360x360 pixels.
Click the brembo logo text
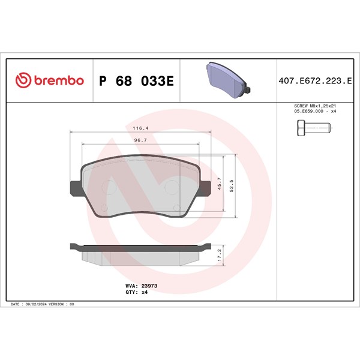pyautogui.click(x=59, y=80)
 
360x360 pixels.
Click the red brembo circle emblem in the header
pyautogui.click(x=23, y=80)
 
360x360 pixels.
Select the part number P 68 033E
pyautogui.click(x=136, y=81)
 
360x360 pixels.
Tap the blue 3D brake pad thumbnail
pyautogui.click(x=228, y=80)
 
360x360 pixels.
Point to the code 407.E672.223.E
pyautogui.click(x=315, y=81)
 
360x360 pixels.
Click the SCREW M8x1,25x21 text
pyautogui.click(x=315, y=106)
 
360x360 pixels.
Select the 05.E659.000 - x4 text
pyautogui.click(x=315, y=112)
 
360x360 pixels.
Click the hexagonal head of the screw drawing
pyautogui.click(x=301, y=128)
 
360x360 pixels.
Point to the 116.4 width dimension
pyautogui.click(x=140, y=128)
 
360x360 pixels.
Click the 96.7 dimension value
pyautogui.click(x=140, y=140)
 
